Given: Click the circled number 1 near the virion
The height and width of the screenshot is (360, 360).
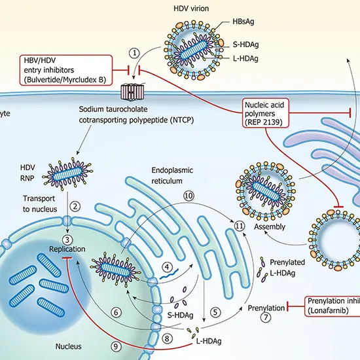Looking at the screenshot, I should (135, 52).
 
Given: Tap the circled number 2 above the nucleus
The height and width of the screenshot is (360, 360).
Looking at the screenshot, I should (76, 206).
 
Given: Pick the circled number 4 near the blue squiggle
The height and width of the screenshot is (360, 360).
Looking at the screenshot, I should (168, 266).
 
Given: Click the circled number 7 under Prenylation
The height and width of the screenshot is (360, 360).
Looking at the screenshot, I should (266, 318).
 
